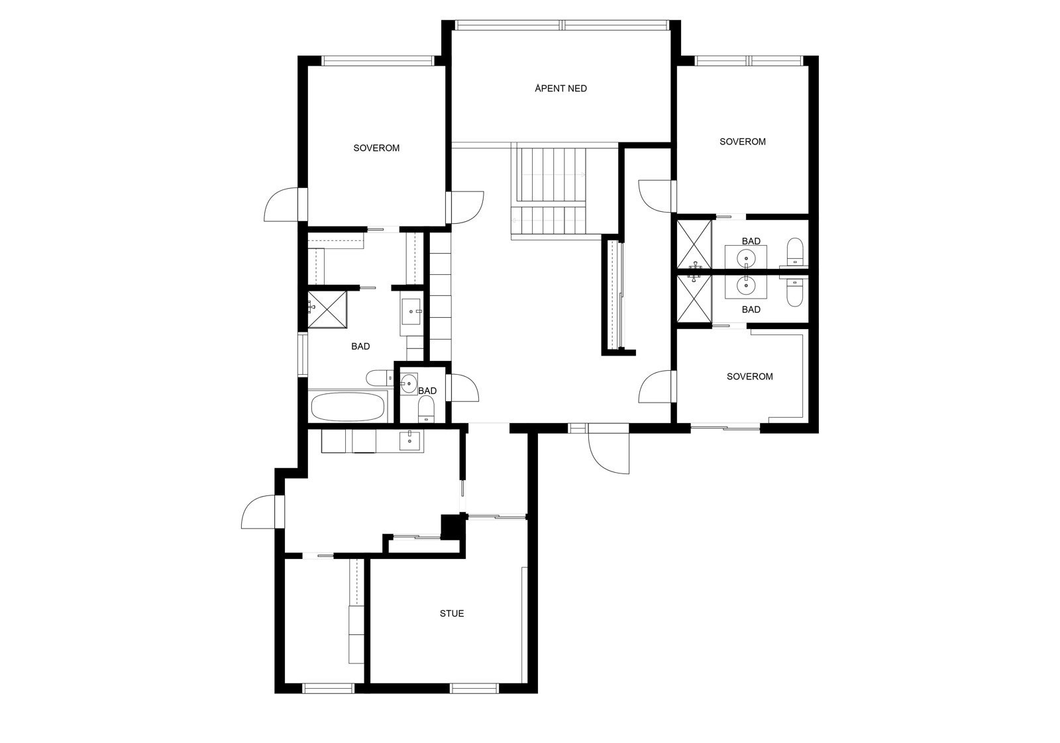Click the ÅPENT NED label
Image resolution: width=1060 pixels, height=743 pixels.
tap(560, 88)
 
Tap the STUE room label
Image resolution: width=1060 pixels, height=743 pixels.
tap(452, 613)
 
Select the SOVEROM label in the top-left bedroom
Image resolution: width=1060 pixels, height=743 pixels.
tap(376, 148)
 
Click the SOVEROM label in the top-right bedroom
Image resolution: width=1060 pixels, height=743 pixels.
tap(742, 141)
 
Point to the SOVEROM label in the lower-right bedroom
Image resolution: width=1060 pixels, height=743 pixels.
tap(749, 376)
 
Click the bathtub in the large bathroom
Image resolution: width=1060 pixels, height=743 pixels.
tap(348, 407)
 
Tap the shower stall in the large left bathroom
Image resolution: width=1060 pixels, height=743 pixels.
tap(328, 309)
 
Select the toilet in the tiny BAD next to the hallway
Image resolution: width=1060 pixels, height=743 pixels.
tap(426, 409)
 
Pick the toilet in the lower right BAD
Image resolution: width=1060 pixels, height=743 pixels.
tap(794, 293)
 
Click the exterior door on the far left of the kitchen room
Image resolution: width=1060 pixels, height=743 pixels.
tap(258, 513)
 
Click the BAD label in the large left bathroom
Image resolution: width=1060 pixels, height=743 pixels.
tap(360, 346)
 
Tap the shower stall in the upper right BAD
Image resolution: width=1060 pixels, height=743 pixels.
tap(694, 244)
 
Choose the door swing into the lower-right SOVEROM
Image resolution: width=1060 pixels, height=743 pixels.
tap(656, 387)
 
